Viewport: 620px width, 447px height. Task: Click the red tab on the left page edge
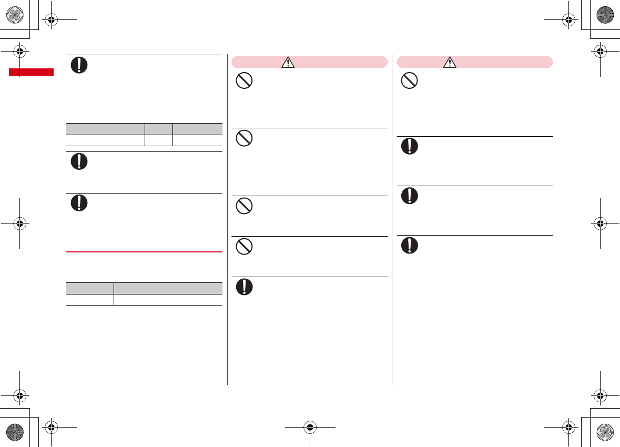(31, 72)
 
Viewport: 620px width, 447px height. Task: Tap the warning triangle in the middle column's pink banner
(288, 63)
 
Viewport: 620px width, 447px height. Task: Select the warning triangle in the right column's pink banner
(450, 63)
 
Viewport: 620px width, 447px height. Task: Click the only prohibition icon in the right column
(409, 80)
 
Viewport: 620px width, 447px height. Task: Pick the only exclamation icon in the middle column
(245, 286)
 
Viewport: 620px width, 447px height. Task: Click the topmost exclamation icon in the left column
(79, 64)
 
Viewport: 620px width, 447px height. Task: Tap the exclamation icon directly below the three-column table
(79, 161)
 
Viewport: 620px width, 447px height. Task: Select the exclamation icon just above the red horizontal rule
(79, 203)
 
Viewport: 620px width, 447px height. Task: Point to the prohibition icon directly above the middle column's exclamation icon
(245, 246)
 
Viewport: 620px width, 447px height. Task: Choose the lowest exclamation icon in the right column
(409, 246)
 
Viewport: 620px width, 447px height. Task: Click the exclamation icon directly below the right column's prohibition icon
(409, 146)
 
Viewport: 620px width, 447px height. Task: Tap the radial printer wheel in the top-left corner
(16, 15)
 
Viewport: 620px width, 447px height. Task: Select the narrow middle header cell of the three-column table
(159, 129)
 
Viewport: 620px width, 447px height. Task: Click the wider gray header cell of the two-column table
(168, 288)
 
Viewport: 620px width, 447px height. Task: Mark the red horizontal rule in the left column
(144, 252)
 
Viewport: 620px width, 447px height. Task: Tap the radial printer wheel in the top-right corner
(604, 15)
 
